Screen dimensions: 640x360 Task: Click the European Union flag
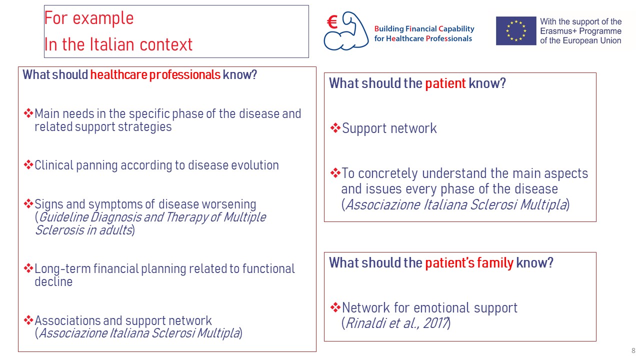[516, 31]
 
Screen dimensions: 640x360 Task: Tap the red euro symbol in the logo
[332, 22]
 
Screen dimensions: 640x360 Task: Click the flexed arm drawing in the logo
[346, 31]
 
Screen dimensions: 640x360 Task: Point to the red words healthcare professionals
[155, 75]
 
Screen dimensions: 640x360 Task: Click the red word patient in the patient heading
[445, 83]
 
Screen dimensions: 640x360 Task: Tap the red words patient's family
[469, 263]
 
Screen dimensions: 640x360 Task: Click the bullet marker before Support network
[335, 127]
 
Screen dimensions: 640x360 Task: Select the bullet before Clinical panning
[28, 164]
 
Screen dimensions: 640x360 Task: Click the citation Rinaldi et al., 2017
[396, 323]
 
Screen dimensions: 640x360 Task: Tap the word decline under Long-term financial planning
[53, 281]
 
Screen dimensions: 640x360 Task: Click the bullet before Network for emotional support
[335, 307]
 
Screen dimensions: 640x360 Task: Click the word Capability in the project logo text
[456, 29]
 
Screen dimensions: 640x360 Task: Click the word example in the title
[103, 18]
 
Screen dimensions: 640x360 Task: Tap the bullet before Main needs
[28, 113]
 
